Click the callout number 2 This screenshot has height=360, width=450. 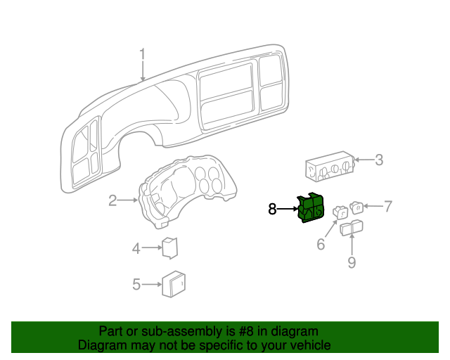[x=112, y=202]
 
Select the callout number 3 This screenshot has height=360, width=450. [x=378, y=160]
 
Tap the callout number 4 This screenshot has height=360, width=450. [x=136, y=247]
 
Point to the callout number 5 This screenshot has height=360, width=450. [x=136, y=284]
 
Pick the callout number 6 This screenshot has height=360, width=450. [x=321, y=245]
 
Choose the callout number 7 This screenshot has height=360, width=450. [x=387, y=207]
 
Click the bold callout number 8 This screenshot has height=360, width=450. [x=273, y=209]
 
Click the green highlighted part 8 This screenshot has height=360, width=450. [x=309, y=208]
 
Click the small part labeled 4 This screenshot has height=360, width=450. [x=169, y=247]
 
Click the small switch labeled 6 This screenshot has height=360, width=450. [x=340, y=210]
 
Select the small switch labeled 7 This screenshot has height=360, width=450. [x=357, y=207]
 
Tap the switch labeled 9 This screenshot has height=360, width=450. [x=351, y=228]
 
